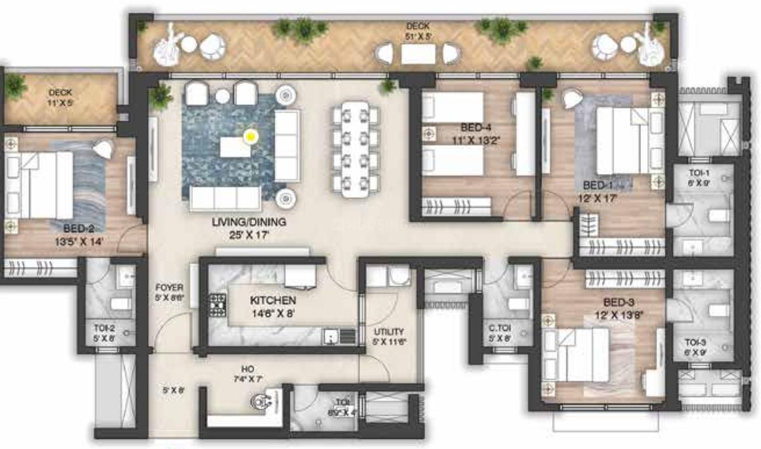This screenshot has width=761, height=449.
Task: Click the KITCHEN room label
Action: point(273,300)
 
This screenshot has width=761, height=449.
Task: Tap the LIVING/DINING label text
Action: point(241,223)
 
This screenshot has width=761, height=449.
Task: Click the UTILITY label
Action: point(389,332)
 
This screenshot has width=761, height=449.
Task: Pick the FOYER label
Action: point(169,288)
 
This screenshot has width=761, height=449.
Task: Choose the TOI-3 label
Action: point(695,343)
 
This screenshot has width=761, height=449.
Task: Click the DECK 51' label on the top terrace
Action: point(419,26)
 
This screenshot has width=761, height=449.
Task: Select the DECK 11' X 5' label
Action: point(60,93)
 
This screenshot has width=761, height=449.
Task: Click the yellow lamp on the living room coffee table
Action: point(250,137)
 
